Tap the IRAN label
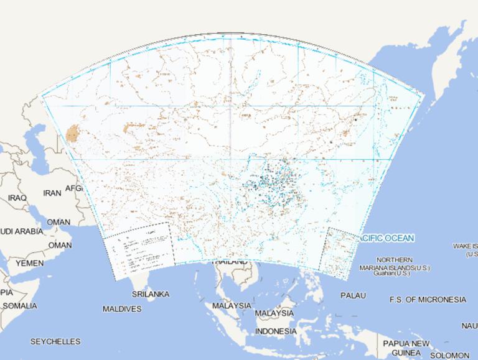tap(52, 193)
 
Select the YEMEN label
tap(29, 264)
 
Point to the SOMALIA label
tap(19, 306)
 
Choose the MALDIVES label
tap(122, 309)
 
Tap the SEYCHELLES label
tap(55, 342)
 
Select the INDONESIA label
tap(276, 331)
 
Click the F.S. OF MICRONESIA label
tap(428, 300)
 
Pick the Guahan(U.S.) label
tap(391, 274)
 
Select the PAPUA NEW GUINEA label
tap(406, 348)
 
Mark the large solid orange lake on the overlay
tap(73, 133)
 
